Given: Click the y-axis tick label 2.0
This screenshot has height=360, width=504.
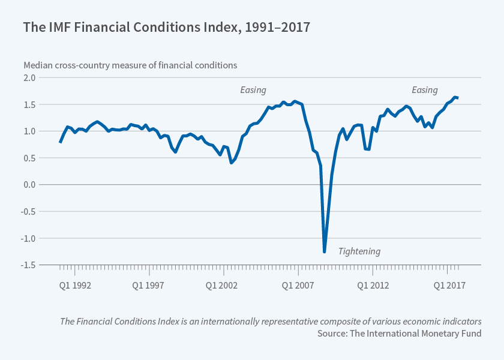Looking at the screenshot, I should [29, 78].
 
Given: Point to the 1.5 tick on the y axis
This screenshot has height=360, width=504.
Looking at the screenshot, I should [29, 104].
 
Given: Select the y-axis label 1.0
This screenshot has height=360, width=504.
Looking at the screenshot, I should [29, 131].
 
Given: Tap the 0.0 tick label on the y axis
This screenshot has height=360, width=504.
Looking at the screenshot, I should [29, 185].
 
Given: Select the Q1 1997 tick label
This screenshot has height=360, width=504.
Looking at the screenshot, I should [148, 285].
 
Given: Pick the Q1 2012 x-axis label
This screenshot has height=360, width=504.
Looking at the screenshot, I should [374, 285].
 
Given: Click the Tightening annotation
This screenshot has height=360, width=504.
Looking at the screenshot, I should [359, 251].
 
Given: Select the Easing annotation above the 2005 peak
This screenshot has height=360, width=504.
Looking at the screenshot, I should [253, 90].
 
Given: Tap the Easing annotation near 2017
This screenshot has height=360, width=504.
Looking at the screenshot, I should [424, 90].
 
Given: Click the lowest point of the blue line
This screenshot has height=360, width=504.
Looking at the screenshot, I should [324, 251].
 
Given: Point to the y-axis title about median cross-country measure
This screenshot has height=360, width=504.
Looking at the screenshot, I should [130, 65].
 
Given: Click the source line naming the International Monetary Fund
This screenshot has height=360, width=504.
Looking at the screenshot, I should [399, 333].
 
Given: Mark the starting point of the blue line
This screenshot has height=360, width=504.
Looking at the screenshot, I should [60, 142].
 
